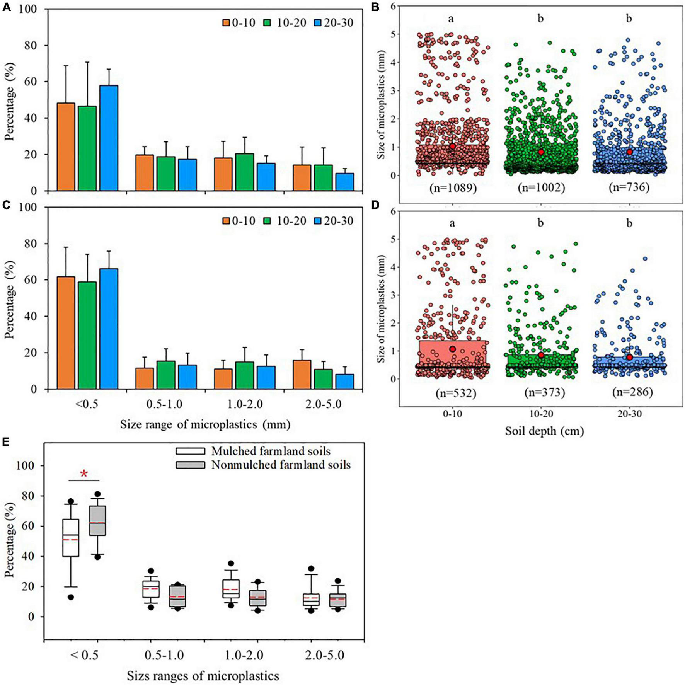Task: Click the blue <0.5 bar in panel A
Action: click(x=109, y=138)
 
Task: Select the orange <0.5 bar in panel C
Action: click(x=66, y=332)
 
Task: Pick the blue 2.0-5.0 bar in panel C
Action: click(x=344, y=381)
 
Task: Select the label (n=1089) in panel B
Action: click(x=453, y=188)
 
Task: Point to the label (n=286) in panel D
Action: click(x=632, y=392)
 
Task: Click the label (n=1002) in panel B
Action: click(x=541, y=188)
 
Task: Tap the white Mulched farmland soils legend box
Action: click(x=190, y=451)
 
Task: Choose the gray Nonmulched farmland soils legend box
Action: click(x=190, y=465)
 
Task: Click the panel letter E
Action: click(x=6, y=442)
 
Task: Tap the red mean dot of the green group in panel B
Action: click(x=541, y=152)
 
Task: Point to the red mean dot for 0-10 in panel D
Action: click(x=453, y=349)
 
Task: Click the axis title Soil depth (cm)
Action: click(x=544, y=431)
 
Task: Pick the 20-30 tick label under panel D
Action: click(x=629, y=414)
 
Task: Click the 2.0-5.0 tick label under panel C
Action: click(x=324, y=404)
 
